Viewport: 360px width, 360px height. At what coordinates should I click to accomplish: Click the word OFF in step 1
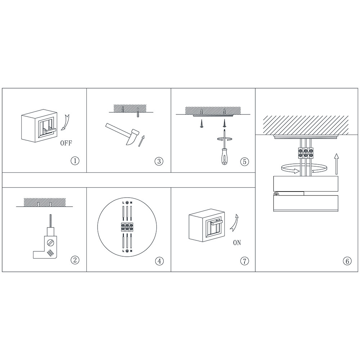tap(66, 143)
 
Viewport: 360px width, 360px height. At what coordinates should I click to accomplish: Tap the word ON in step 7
tap(237, 242)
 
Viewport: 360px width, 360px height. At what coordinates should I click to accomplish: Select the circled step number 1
tap(75, 161)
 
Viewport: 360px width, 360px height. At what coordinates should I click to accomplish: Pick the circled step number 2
tap(75, 260)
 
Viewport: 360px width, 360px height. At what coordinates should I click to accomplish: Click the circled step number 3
tap(159, 161)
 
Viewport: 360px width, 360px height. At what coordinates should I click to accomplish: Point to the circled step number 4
tap(159, 261)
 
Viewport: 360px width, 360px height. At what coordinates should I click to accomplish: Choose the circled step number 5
tap(244, 162)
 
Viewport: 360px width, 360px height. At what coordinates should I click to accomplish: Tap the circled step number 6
tap(347, 261)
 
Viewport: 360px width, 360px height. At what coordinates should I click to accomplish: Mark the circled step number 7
tap(244, 261)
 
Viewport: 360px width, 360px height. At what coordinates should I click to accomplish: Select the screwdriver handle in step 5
tap(224, 157)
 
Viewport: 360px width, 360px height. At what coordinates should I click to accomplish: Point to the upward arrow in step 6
tap(337, 164)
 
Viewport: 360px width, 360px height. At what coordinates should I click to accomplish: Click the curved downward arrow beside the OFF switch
tap(65, 122)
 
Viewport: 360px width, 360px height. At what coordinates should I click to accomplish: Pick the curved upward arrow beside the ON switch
tap(234, 222)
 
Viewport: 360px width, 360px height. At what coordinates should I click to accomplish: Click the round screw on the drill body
tap(50, 243)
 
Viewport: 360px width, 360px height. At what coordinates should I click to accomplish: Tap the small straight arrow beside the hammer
tap(142, 141)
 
